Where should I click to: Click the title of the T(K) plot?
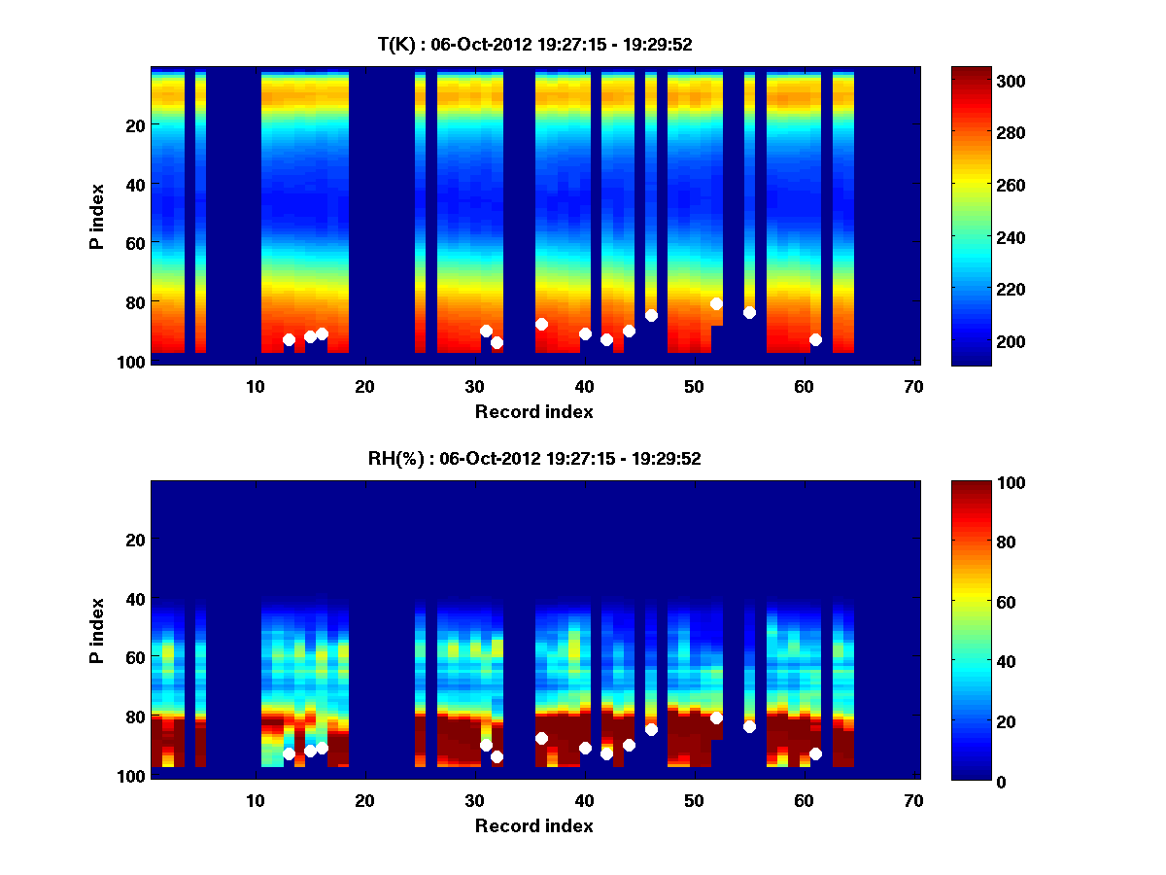click(534, 44)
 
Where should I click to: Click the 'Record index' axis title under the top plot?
click(534, 411)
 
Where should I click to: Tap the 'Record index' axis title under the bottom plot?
click(534, 825)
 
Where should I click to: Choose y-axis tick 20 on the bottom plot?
click(135, 540)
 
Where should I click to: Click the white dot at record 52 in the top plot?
click(716, 303)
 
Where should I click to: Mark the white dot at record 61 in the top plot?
click(815, 339)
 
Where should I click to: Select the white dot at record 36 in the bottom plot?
click(541, 738)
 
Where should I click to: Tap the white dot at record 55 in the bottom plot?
click(749, 726)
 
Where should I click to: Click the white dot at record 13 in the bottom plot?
click(289, 753)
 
